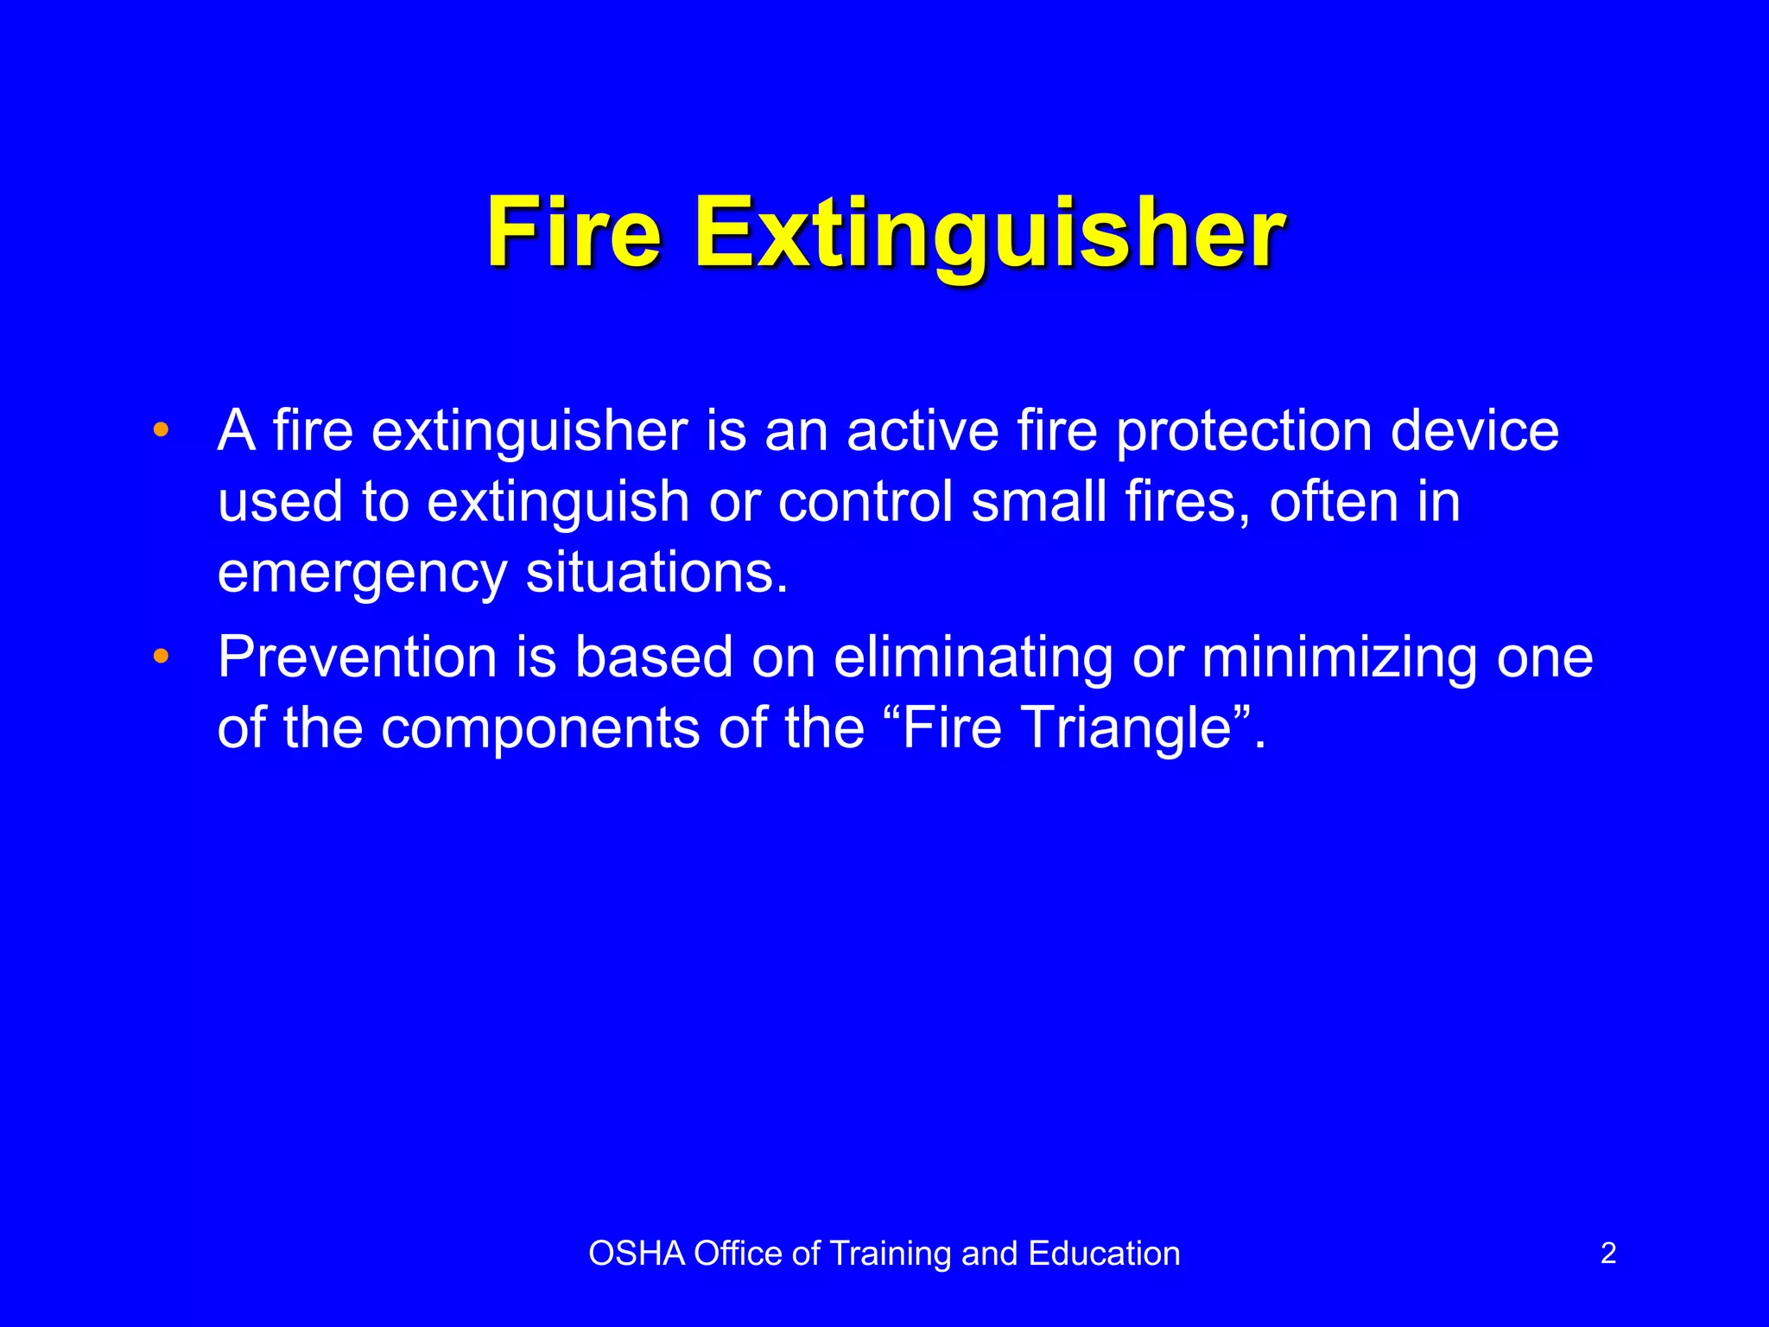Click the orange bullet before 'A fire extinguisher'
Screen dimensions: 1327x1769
tap(161, 430)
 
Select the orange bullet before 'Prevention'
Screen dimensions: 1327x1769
tap(161, 657)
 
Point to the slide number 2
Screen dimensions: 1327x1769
tap(1607, 1253)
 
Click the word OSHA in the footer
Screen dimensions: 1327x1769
tap(637, 1254)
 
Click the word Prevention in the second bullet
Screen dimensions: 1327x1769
tap(357, 657)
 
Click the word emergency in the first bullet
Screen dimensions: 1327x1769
tap(362, 574)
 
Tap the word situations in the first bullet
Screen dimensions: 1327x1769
tap(656, 572)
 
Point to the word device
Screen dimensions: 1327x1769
tap(1474, 430)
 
